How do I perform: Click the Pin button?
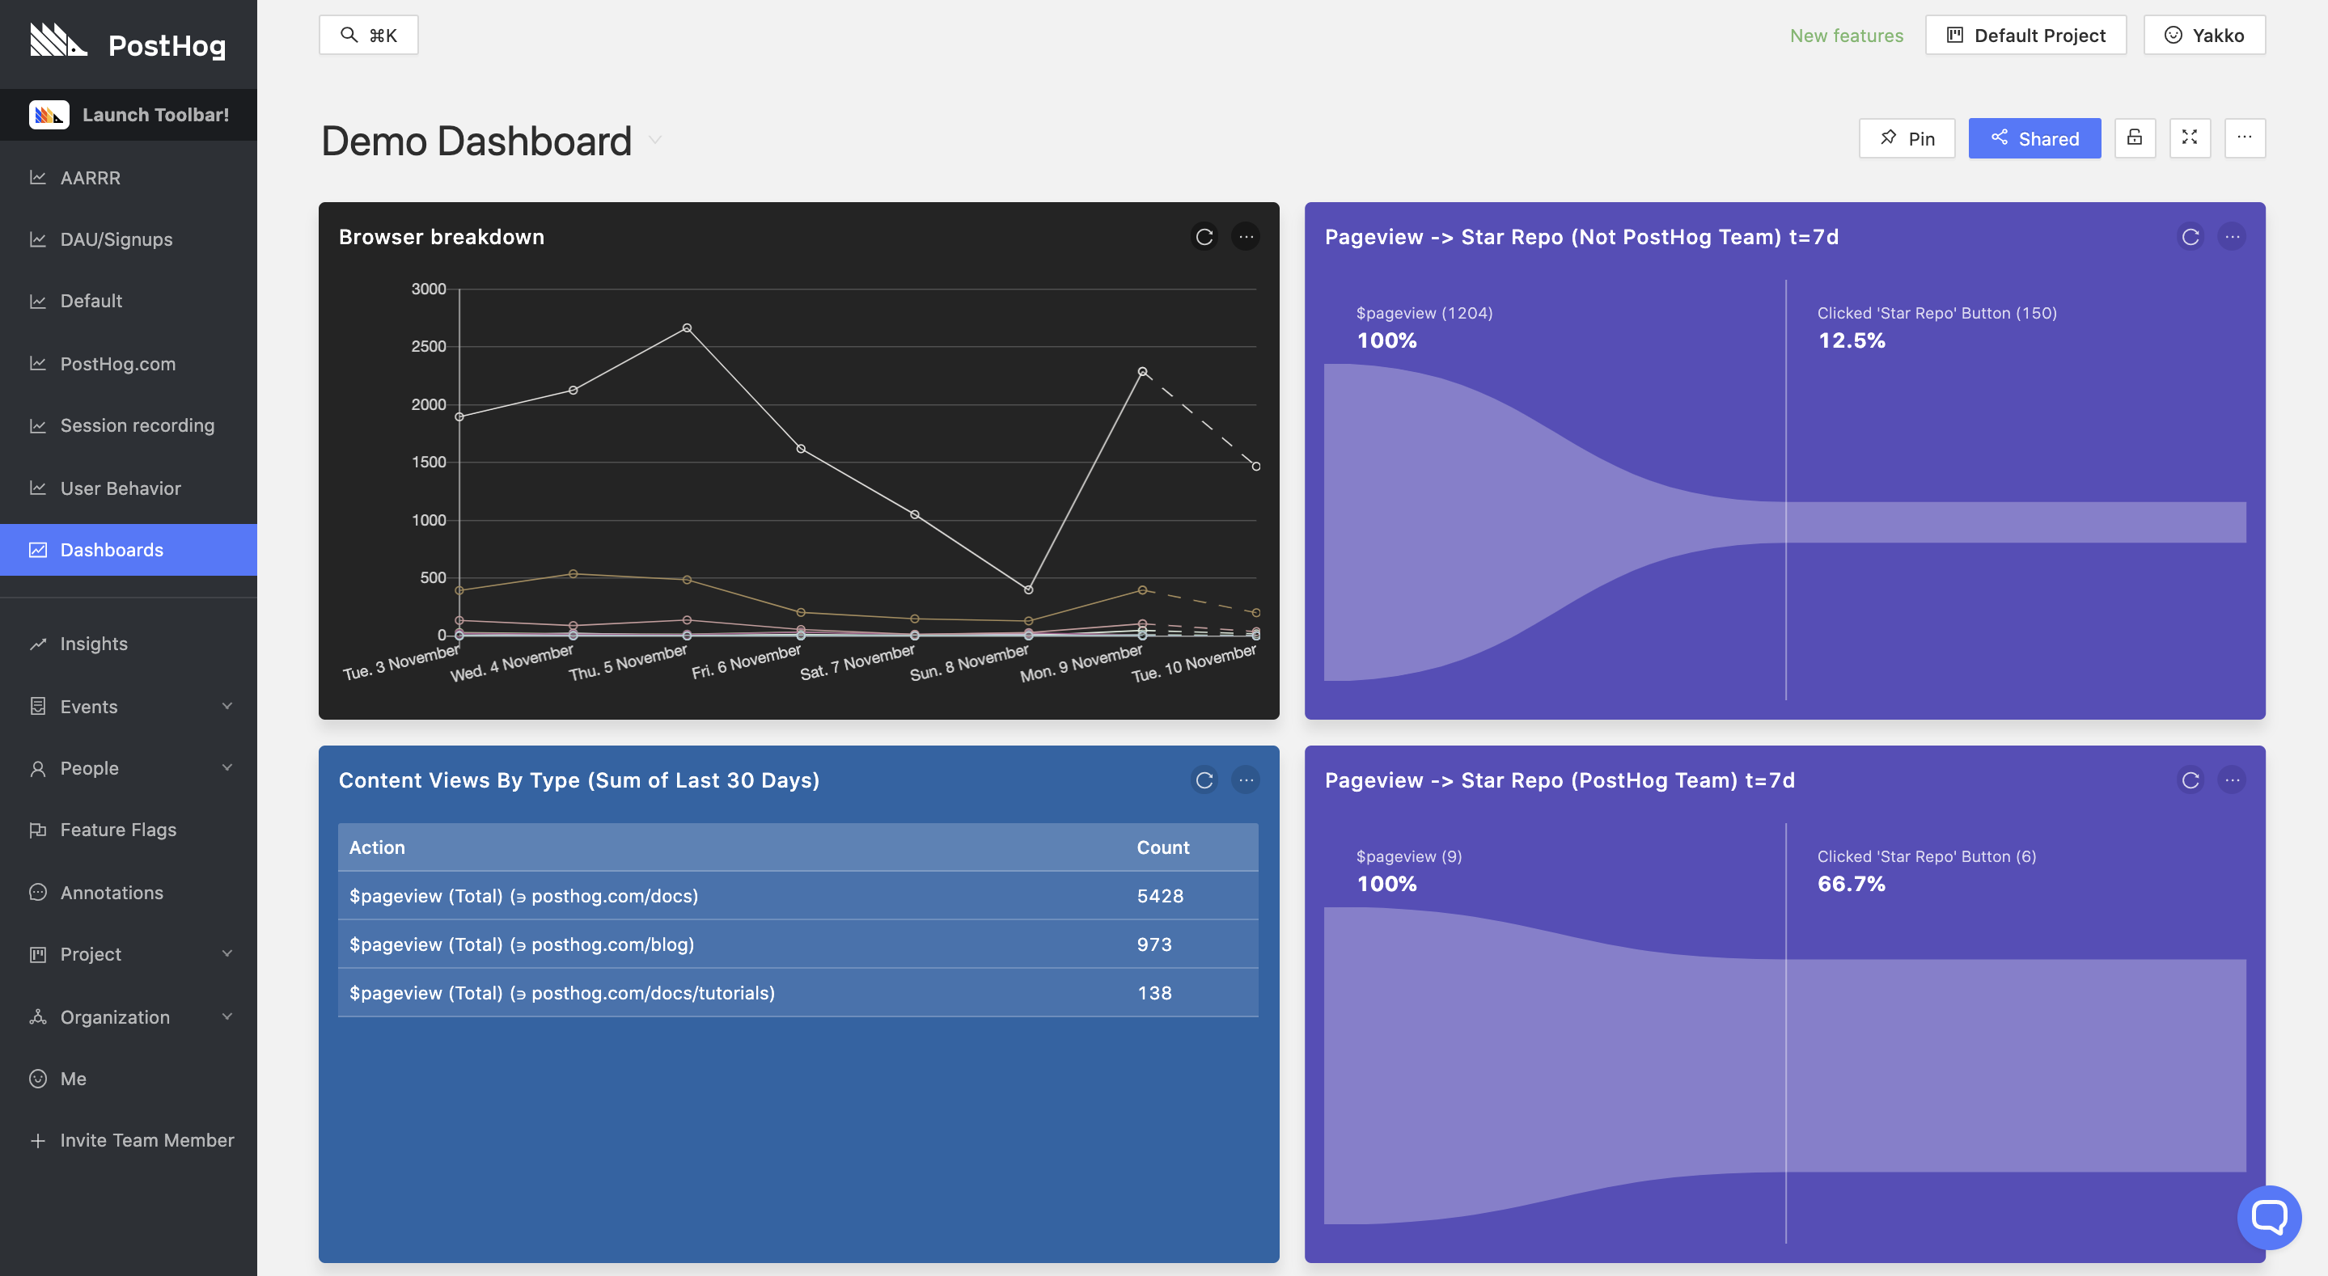[1907, 138]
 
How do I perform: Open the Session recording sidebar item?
[137, 425]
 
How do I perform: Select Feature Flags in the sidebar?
[117, 830]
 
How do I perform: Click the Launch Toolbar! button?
[129, 115]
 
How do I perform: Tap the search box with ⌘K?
[369, 36]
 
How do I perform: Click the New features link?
[1847, 36]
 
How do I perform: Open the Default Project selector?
[2025, 36]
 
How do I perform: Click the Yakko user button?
[2204, 36]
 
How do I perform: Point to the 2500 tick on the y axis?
[429, 346]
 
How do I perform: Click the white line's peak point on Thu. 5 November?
[687, 328]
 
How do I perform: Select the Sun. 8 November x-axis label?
[969, 663]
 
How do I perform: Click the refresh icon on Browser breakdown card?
[1204, 237]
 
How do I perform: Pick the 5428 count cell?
[1159, 896]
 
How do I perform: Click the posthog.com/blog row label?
[522, 944]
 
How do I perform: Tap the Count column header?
[1162, 847]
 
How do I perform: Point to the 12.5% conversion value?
[1851, 340]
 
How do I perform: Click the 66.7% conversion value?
[1851, 884]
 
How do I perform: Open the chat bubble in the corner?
[2268, 1216]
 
